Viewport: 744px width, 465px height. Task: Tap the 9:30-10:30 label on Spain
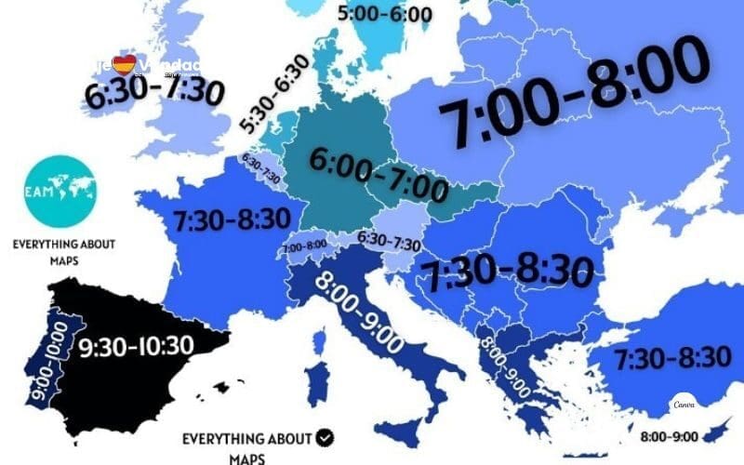[136, 346]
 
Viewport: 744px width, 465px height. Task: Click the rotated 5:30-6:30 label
[272, 96]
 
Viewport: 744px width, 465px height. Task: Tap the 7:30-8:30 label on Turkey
[673, 357]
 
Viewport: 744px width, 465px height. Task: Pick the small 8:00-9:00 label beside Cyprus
[670, 435]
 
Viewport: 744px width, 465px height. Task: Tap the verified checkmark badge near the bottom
[325, 436]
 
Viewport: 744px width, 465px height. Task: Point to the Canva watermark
[684, 405]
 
